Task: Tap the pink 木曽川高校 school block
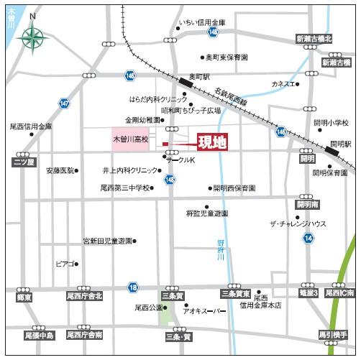[129, 137]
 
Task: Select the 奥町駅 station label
[198, 75]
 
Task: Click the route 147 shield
[65, 103]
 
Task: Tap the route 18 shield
[132, 287]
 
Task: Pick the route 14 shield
[308, 237]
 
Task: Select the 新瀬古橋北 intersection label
[314, 39]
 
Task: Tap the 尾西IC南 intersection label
[339, 293]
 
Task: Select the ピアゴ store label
[65, 264]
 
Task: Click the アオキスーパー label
[204, 311]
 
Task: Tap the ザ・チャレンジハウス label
[298, 224]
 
